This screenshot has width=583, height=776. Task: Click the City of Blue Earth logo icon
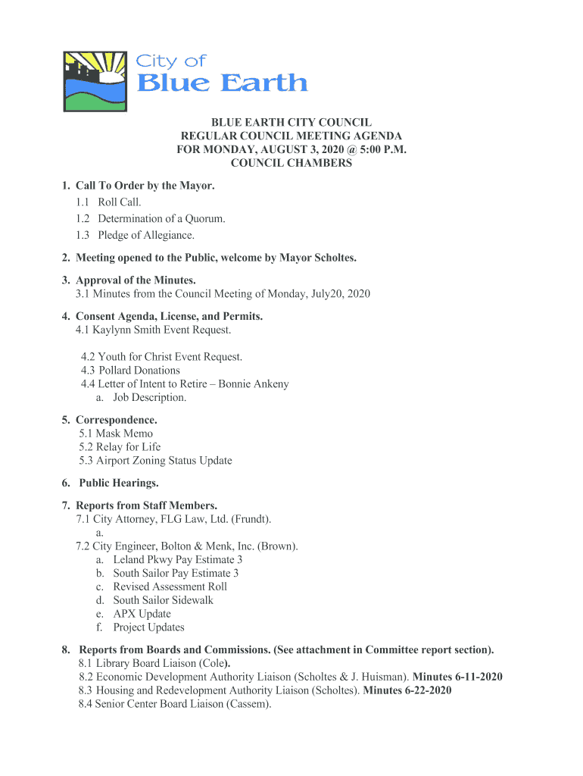pyautogui.click(x=95, y=82)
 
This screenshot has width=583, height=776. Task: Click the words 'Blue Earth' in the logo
pyautogui.click(x=222, y=83)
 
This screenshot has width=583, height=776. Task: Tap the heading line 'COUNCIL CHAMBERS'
pyautogui.click(x=291, y=163)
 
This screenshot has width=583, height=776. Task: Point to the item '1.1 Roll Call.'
pyautogui.click(x=108, y=202)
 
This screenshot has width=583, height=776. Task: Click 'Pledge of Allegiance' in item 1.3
pyautogui.click(x=141, y=235)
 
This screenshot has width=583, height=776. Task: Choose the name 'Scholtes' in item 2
pyautogui.click(x=329, y=258)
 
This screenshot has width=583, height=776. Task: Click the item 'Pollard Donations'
pyautogui.click(x=139, y=371)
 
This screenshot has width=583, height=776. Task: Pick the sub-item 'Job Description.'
pyautogui.click(x=149, y=398)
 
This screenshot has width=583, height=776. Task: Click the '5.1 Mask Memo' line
pyautogui.click(x=116, y=433)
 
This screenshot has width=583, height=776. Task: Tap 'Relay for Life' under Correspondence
pyautogui.click(x=128, y=447)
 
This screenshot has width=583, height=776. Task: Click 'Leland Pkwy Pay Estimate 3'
pyautogui.click(x=178, y=560)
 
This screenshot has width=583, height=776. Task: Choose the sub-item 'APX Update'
pyautogui.click(x=142, y=614)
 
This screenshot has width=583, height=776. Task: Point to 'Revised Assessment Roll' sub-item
pyautogui.click(x=170, y=587)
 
